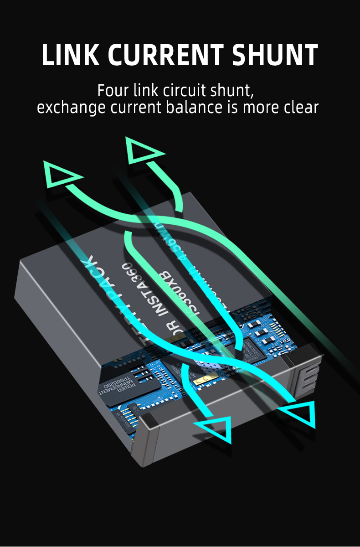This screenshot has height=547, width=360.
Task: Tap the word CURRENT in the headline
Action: point(166,56)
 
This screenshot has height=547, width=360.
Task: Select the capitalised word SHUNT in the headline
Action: point(275,56)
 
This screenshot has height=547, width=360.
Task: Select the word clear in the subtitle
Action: point(298,108)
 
